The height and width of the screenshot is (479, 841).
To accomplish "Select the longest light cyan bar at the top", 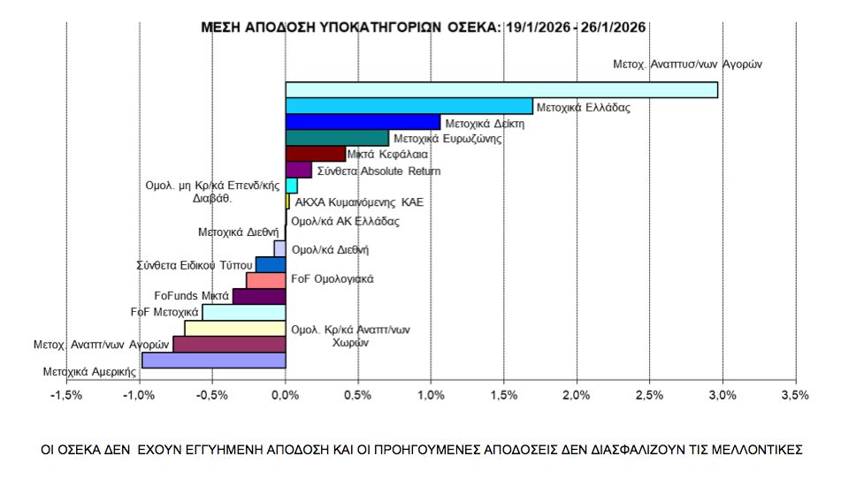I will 501,90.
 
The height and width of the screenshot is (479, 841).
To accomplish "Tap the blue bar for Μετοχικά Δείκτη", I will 363,122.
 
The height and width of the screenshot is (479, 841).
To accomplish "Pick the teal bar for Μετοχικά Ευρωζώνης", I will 337,138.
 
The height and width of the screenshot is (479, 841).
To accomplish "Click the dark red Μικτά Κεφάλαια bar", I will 316,154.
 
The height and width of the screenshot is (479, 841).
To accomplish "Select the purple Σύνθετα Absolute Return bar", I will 299,170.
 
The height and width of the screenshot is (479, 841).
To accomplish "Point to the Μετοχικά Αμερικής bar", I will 214,361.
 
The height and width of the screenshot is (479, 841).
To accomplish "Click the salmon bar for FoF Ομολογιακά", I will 266,280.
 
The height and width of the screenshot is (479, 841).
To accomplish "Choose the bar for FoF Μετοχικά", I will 244,312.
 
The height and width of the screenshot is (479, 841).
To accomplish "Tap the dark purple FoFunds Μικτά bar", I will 259,296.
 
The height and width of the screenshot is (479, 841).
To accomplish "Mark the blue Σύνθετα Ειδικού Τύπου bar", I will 271,264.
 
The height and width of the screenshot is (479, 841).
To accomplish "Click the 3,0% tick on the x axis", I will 722,395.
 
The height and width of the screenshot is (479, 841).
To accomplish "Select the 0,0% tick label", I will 286,395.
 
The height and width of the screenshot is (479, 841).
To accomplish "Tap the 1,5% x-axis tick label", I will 503,395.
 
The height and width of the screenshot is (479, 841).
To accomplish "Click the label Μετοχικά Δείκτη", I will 485,124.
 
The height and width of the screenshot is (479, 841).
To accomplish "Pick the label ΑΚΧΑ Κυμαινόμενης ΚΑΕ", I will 358,202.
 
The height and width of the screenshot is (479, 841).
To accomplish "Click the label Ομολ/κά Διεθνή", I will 330,250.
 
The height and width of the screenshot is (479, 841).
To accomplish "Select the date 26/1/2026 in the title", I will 614,27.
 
